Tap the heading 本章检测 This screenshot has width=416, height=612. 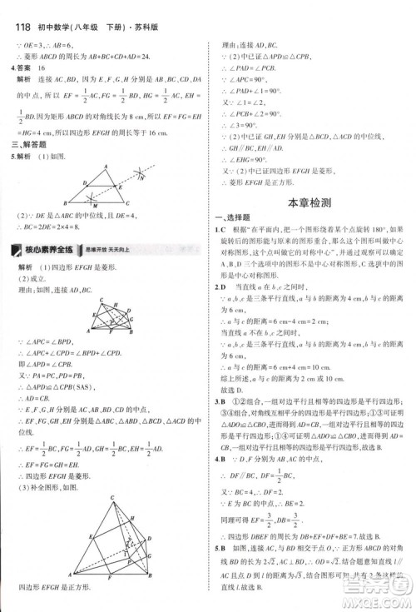[x=308, y=202]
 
